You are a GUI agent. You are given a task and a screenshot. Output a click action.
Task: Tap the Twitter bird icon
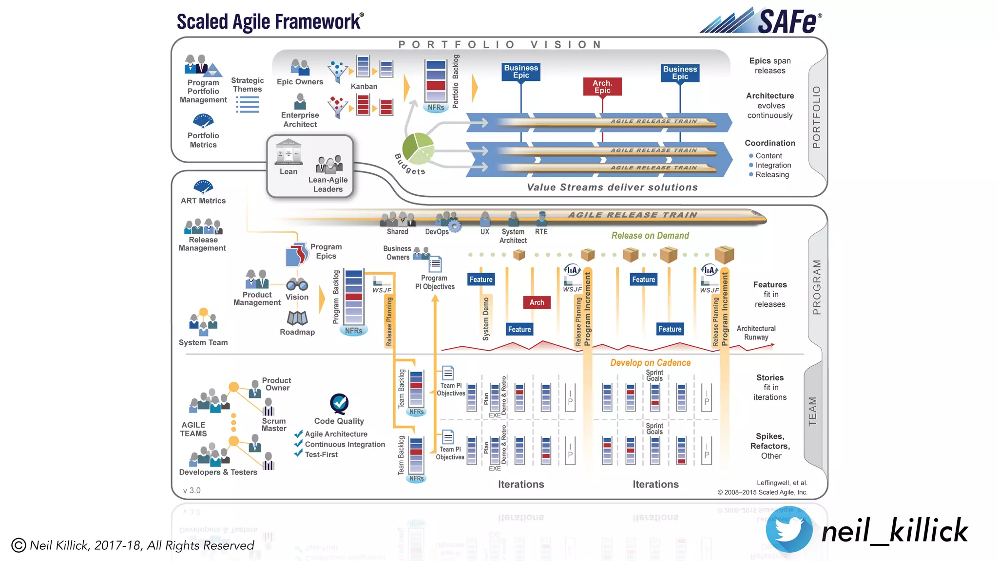788,530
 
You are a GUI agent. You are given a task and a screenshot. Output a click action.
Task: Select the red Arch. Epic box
602,87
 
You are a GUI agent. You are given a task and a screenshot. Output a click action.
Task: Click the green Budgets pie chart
418,149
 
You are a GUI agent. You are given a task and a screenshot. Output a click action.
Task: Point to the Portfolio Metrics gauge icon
203,120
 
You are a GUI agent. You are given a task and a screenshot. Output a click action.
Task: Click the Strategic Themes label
248,85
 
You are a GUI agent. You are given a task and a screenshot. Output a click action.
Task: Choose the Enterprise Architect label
300,120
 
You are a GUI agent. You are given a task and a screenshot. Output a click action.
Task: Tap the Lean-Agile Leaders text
328,185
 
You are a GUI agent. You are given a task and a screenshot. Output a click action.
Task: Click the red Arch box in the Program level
537,302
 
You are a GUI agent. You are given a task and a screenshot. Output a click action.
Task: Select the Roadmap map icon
297,318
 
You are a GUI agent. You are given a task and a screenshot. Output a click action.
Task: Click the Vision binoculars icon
297,284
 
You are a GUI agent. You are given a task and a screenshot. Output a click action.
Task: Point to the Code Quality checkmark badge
339,403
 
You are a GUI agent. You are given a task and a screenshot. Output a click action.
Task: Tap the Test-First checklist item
321,454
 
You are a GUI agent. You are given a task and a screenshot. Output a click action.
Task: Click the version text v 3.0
192,490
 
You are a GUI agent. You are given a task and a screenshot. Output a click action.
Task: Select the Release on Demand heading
650,236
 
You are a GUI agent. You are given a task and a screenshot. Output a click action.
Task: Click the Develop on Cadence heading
650,363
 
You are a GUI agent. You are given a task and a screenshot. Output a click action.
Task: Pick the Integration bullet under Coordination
773,165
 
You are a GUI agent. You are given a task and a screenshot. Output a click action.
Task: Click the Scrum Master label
274,425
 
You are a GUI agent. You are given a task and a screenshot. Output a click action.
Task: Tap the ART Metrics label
203,201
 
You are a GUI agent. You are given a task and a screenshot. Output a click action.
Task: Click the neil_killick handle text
894,531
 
